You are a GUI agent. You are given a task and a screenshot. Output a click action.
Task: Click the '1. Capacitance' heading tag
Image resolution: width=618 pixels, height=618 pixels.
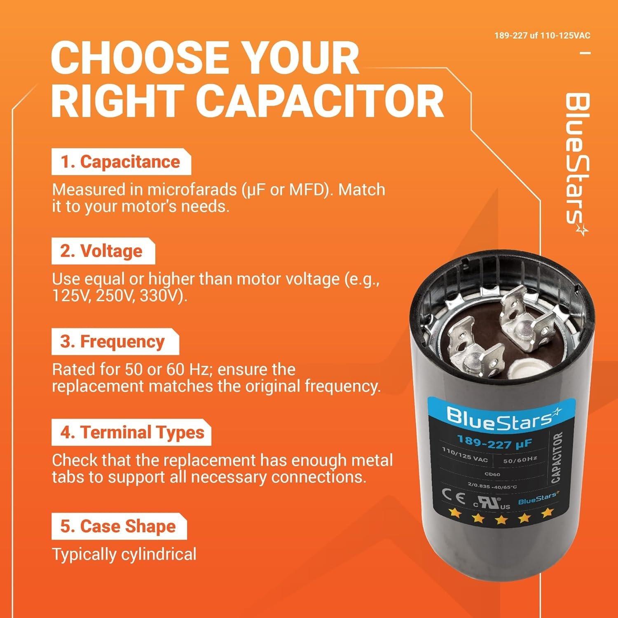pyautogui.click(x=121, y=162)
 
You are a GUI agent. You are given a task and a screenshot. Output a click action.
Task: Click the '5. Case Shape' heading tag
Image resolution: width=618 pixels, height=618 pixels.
pyautogui.click(x=118, y=527)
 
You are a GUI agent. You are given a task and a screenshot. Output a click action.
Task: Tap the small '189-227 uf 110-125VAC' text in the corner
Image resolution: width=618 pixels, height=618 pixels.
pyautogui.click(x=542, y=36)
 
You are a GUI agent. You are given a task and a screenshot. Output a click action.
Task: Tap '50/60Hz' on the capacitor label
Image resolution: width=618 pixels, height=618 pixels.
pyautogui.click(x=520, y=459)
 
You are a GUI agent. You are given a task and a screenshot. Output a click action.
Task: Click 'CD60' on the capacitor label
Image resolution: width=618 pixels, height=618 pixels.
pyautogui.click(x=492, y=474)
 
